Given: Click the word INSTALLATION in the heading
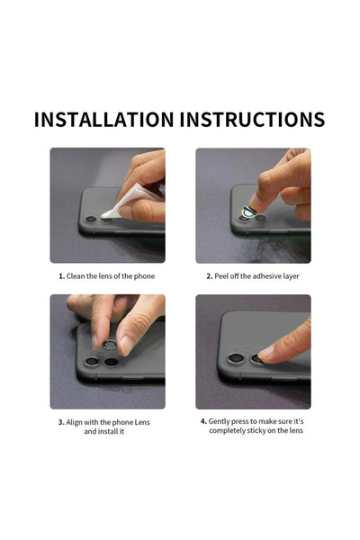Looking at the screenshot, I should click(x=103, y=119).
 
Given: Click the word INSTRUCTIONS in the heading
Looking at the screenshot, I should click(x=251, y=119).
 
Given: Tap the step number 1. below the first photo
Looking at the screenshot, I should click(x=62, y=275).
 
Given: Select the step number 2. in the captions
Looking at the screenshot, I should click(x=209, y=275).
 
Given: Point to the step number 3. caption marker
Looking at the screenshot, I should click(x=62, y=421).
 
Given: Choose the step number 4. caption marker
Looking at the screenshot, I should click(x=203, y=420).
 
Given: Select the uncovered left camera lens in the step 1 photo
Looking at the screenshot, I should click(x=91, y=219).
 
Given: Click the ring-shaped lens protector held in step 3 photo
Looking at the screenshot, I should click(x=109, y=345).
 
